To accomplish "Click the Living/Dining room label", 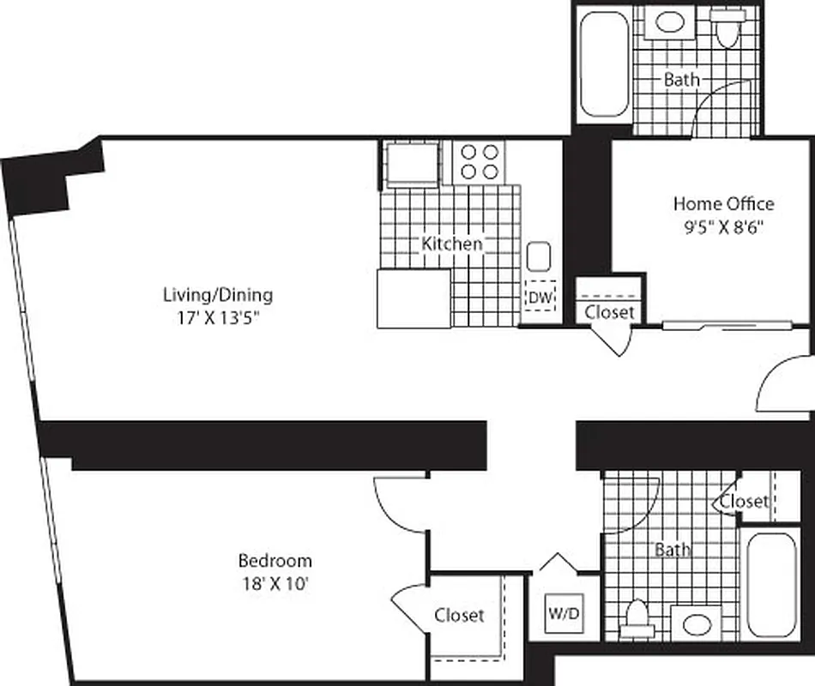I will (x=218, y=295).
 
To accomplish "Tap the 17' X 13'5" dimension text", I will (x=218, y=317).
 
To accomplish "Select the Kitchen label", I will (x=452, y=244).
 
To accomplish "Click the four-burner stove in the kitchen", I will (x=480, y=160).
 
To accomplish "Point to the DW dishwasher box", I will (x=540, y=296).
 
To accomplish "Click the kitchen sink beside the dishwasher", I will (x=539, y=256).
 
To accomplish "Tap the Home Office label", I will (x=722, y=204).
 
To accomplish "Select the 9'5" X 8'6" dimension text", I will (x=722, y=227).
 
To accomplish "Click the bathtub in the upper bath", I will (x=604, y=64).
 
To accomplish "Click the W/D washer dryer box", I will (x=564, y=615).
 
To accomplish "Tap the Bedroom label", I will (x=275, y=561).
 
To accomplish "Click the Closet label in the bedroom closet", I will (x=459, y=615).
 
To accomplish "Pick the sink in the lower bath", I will (x=697, y=623).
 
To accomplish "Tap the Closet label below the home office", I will (x=610, y=312).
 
